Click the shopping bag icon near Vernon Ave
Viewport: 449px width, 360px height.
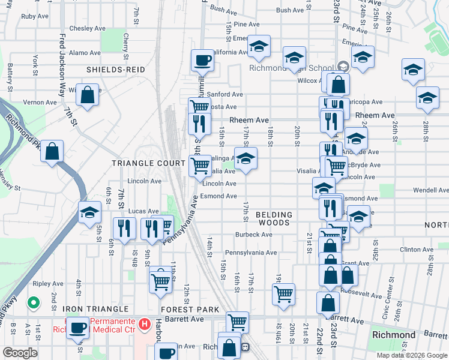point(87,95)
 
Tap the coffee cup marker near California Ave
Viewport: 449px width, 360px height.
point(202,61)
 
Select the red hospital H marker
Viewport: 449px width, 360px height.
point(144,325)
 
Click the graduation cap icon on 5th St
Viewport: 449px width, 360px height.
point(89,213)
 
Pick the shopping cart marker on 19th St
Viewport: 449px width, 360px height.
point(283,295)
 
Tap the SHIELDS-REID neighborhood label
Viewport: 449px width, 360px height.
point(116,70)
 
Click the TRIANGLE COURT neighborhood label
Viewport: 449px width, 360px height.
point(149,163)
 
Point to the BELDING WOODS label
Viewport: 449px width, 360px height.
point(274,218)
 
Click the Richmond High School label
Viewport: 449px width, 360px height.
point(291,67)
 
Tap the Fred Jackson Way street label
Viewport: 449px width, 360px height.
point(61,58)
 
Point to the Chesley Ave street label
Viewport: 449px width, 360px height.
point(88,28)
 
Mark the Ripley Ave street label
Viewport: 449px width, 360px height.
point(49,283)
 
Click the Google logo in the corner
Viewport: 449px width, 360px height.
point(19,353)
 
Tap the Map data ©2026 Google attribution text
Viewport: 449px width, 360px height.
point(411,355)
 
